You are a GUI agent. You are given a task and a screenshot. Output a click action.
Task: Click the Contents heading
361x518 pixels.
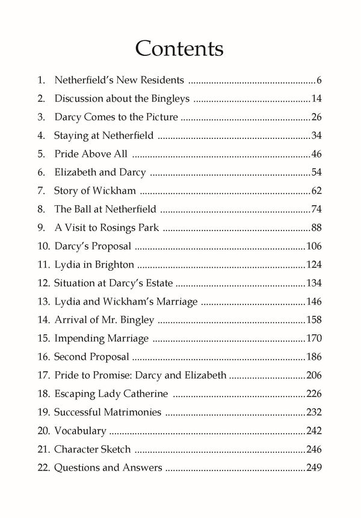pos(180,47)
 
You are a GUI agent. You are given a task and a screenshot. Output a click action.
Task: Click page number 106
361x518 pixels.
pos(314,246)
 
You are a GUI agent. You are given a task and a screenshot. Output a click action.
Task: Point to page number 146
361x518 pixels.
pos(314,301)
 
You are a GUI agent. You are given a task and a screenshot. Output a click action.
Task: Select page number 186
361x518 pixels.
pos(314,357)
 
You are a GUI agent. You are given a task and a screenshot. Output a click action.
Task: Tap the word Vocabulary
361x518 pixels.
pos(80,431)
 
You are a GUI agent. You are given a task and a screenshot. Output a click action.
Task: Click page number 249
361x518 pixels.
pos(314,467)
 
